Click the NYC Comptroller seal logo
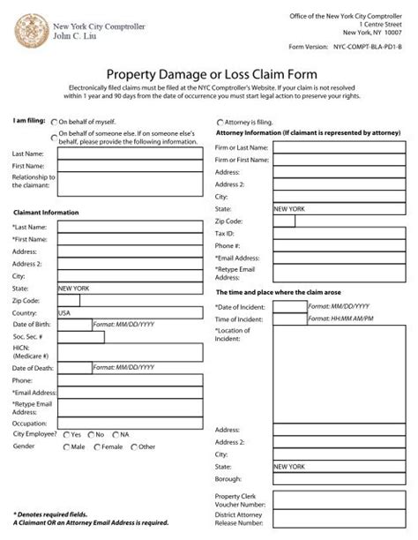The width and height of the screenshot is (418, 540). tap(29, 28)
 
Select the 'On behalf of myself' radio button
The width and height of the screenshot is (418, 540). tap(56, 123)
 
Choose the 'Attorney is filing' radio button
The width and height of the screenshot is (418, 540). tap(219, 123)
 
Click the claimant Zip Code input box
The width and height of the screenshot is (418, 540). tap(68, 301)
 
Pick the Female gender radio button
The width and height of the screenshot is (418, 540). tap(98, 447)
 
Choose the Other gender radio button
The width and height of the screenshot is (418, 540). tap(133, 447)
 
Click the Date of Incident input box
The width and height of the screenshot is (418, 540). tap(289, 306)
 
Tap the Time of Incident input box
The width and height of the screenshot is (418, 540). tap(289, 319)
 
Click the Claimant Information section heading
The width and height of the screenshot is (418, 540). tap(46, 213)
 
